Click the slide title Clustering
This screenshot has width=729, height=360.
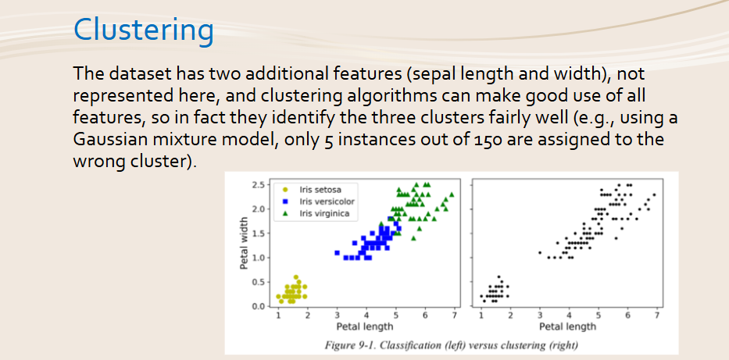click(x=144, y=30)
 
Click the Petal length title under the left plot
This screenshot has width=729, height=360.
click(x=365, y=326)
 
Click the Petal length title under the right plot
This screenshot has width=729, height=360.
click(x=567, y=326)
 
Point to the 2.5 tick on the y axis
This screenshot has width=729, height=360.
click(x=259, y=185)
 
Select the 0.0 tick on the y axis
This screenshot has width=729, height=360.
click(x=259, y=307)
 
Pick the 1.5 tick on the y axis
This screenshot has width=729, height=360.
click(x=259, y=233)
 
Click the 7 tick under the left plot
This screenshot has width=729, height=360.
click(x=454, y=315)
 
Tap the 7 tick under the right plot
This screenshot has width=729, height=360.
click(x=656, y=315)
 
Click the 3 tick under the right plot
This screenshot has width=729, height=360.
click(x=539, y=315)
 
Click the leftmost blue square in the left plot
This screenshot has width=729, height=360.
click(x=337, y=253)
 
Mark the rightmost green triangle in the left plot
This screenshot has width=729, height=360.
click(x=452, y=194)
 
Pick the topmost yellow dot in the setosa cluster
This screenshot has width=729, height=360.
click(x=295, y=277)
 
